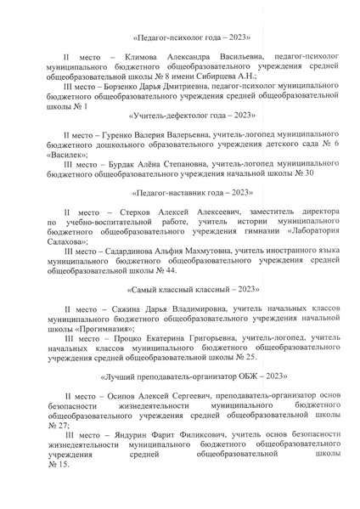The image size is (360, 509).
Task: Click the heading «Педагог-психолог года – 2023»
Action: coord(179,37)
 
